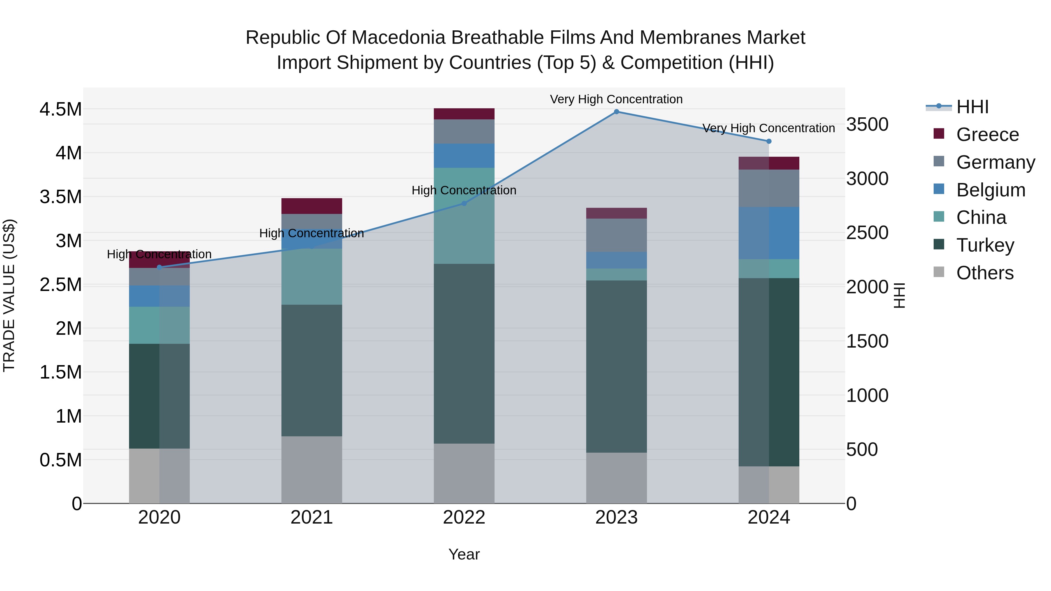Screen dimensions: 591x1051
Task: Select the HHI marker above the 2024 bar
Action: [x=769, y=142]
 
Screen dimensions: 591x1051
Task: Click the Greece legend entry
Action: [x=987, y=135]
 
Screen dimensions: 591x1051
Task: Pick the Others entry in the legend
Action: [x=984, y=273]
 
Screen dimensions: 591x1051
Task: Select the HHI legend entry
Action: [x=972, y=107]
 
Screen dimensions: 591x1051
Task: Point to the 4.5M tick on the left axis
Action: [x=60, y=109]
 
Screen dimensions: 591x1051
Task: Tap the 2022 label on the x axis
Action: [x=464, y=517]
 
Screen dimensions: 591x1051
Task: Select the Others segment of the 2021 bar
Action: [x=312, y=470]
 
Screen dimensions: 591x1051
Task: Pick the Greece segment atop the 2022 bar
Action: [x=464, y=114]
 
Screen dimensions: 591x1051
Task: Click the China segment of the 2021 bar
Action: [x=312, y=277]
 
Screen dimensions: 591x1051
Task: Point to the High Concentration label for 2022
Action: [x=464, y=191]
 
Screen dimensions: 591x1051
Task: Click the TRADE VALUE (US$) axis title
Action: [x=9, y=295]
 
